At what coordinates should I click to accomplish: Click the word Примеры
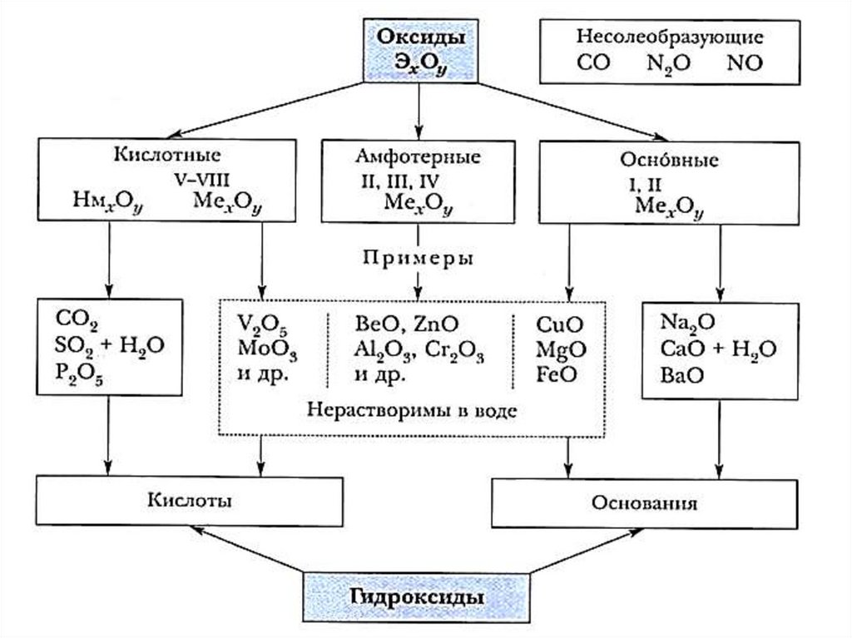point(418,257)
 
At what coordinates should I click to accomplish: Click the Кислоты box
point(189,501)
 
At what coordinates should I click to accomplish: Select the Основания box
point(645,502)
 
